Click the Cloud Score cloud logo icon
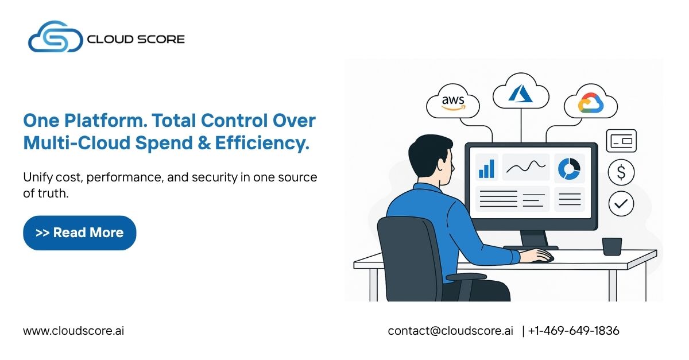click(55, 37)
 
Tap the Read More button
click(79, 233)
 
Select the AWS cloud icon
click(453, 103)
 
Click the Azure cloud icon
click(520, 92)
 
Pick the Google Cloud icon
click(590, 103)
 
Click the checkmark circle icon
click(621, 203)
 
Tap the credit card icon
click(621, 141)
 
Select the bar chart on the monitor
click(486, 168)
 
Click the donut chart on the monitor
click(568, 168)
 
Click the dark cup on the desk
click(611, 246)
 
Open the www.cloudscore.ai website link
click(73, 331)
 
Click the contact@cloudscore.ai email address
click(450, 331)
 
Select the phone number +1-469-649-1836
click(574, 331)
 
